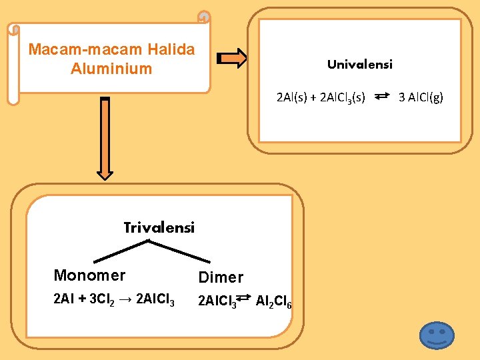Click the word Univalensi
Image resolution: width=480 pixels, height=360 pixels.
tap(359, 65)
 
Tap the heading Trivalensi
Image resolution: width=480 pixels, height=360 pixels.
tap(159, 228)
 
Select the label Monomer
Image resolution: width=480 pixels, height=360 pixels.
tap(89, 275)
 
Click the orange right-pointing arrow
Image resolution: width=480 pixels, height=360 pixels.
tap(233, 58)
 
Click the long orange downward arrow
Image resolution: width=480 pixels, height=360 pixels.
tap(105, 139)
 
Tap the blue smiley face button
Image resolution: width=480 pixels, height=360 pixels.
tap(437, 335)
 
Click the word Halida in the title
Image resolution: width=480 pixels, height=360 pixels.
tap(171, 49)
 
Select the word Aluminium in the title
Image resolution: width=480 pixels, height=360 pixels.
tap(111, 69)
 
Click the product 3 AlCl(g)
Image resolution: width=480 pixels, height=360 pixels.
tap(421, 98)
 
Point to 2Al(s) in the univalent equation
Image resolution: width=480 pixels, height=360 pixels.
tap(291, 98)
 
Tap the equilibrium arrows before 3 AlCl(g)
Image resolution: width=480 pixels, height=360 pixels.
tap(382, 97)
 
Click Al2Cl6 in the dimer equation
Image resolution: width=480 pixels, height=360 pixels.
tap(273, 303)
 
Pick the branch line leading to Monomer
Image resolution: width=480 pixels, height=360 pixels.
tap(117, 249)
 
